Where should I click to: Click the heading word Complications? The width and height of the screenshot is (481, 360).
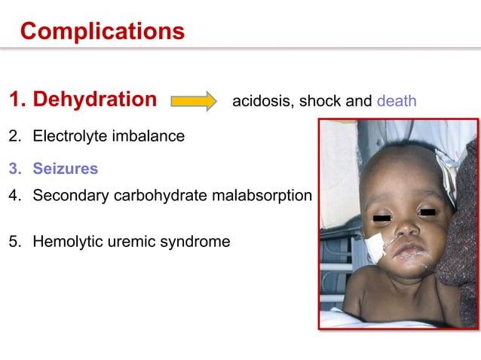pos(102,31)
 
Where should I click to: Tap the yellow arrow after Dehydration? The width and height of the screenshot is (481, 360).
pos(193,100)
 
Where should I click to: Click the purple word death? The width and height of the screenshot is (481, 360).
pos(397,101)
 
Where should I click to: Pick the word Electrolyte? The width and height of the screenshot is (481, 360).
pos(69,137)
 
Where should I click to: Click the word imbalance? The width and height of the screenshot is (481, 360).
pos(147,137)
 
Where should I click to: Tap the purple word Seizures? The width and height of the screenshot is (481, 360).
pos(66,169)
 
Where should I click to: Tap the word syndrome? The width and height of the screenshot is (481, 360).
pos(195,242)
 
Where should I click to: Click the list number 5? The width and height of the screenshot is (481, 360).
pos(14,242)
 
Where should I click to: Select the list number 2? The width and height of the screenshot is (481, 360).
pos(14,137)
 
